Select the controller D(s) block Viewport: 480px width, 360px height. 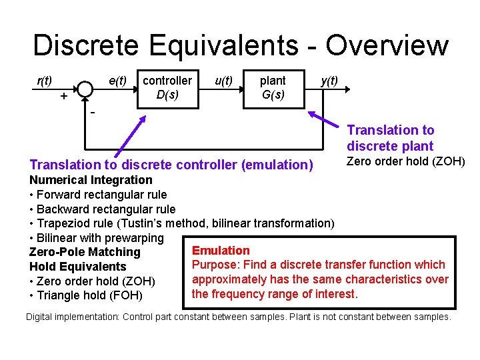pyautogui.click(x=167, y=88)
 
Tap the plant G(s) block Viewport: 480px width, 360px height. pyautogui.click(x=273, y=88)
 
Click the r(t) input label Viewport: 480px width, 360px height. pyautogui.click(x=45, y=81)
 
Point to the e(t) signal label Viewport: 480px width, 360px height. pyautogui.click(x=118, y=81)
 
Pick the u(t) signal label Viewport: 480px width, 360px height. pyautogui.click(x=223, y=81)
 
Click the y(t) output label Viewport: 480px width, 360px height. pyautogui.click(x=329, y=81)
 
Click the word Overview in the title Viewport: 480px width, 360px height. pyautogui.click(x=387, y=45)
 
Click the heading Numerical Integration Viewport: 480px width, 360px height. pyautogui.click(x=91, y=180)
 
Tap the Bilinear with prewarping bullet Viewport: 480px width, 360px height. pyautogui.click(x=97, y=238)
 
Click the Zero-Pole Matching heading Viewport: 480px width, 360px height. pyautogui.click(x=85, y=252)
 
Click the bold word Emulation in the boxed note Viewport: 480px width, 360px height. pyautogui.click(x=221, y=251)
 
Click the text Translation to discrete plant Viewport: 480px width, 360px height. pyautogui.click(x=390, y=138)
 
